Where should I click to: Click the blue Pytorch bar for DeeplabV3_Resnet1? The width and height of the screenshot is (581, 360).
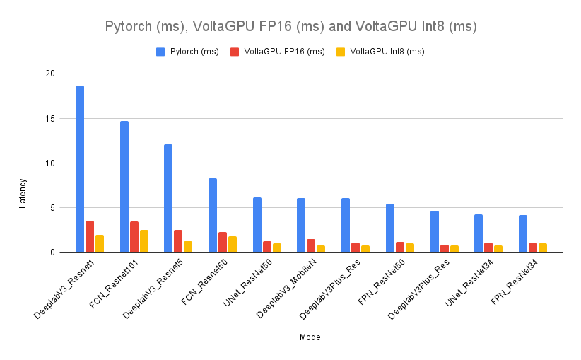[80, 169]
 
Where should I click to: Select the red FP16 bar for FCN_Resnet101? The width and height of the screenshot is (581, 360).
[134, 237]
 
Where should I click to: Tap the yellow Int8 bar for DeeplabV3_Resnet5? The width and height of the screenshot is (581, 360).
[188, 247]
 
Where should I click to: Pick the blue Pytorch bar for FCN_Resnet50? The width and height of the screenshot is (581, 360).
[213, 215]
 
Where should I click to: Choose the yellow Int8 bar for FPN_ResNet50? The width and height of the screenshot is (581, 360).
[410, 248]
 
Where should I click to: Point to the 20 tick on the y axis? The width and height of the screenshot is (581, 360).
[49, 74]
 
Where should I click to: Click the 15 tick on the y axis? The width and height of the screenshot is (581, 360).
[49, 118]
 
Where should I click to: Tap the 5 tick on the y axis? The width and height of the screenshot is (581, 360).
[52, 208]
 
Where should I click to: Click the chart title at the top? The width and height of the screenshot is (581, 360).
[290, 27]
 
